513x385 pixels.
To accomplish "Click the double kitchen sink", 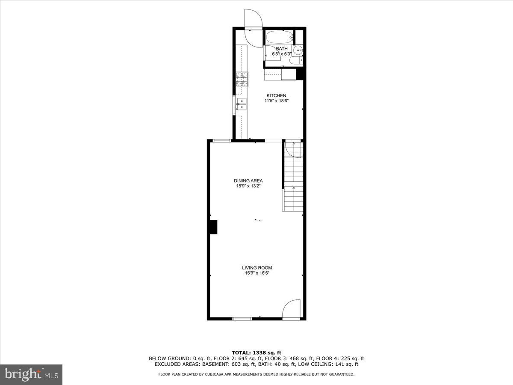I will (x=242, y=104).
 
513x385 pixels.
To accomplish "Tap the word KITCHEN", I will (x=277, y=95).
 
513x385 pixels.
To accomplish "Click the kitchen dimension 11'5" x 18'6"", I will (x=277, y=101).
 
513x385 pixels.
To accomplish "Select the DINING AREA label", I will (x=248, y=181).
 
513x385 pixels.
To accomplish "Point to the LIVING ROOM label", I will (x=256, y=268).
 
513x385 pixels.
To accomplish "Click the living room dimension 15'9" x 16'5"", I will (x=256, y=273).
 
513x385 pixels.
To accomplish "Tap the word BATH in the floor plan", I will (x=282, y=49).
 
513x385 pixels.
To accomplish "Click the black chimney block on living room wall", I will (x=213, y=227).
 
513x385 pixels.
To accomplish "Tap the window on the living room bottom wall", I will (x=242, y=318).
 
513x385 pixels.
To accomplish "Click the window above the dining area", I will (x=222, y=140).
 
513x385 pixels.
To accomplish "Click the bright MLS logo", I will (x=31, y=374).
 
